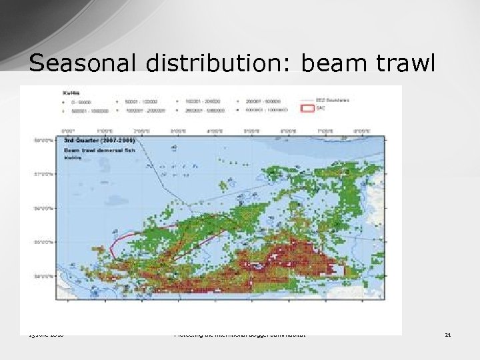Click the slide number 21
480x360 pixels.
pyautogui.click(x=448, y=335)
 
